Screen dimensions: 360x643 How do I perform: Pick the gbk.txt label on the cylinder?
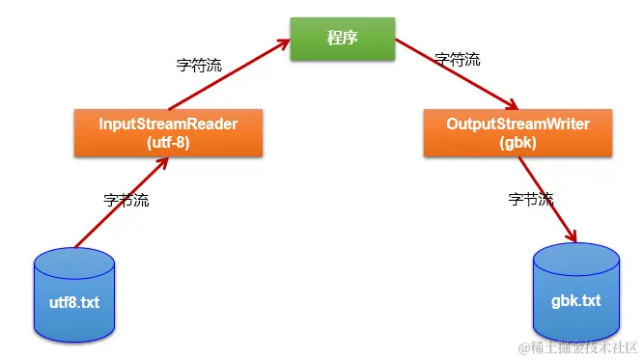pos(575,300)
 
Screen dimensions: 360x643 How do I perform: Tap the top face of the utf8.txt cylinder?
pos(74,259)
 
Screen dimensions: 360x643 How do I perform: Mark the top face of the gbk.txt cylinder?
pos(575,257)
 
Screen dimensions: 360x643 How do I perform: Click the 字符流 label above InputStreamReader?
pos(199,67)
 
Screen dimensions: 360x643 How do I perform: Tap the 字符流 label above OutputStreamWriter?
pos(457,59)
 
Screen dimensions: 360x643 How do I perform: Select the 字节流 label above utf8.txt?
pos(126,200)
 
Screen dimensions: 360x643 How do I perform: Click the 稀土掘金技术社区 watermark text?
pos(582,346)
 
